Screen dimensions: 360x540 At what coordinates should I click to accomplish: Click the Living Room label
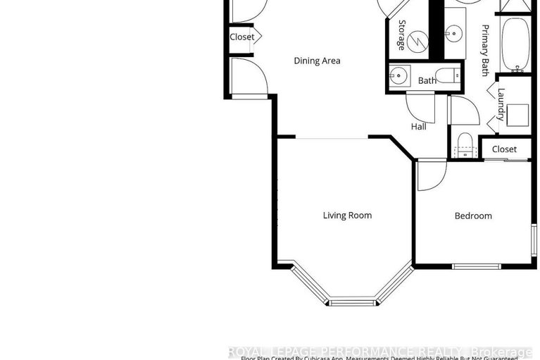347,216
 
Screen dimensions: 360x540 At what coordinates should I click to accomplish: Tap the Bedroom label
473,216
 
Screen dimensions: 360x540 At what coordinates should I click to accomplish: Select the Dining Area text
317,61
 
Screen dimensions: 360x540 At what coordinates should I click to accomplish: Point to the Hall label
419,127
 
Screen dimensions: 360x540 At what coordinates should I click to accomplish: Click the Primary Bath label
485,50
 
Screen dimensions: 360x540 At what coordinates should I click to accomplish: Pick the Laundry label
501,104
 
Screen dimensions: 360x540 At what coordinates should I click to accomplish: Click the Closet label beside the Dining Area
241,37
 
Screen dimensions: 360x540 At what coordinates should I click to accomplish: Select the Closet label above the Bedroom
504,149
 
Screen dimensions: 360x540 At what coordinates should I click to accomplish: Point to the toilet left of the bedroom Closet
465,143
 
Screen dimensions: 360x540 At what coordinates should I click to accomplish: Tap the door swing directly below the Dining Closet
250,75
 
